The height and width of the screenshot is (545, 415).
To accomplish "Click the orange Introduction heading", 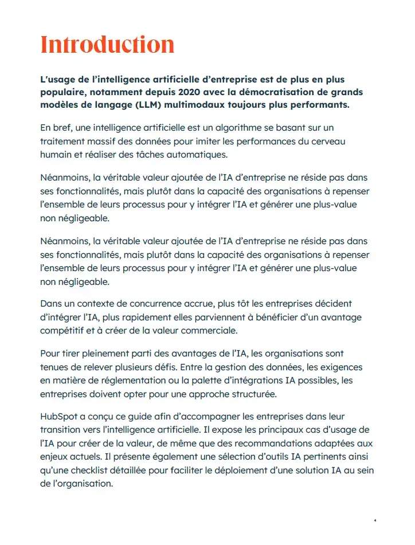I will (107, 44).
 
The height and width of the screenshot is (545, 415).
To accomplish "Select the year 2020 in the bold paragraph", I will (179, 92).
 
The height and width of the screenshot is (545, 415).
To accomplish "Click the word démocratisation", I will (278, 92).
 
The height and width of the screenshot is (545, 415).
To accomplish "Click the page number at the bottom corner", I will (375, 520).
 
